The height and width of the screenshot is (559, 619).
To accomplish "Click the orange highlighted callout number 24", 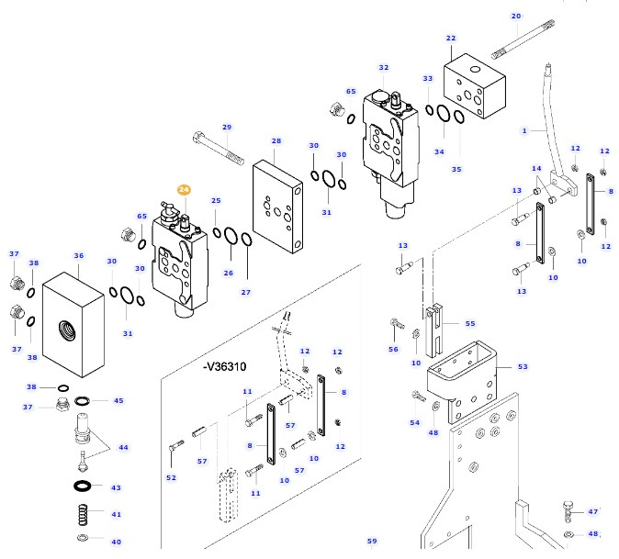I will (184, 189).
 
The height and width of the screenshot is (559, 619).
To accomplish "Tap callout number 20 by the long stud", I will (515, 16).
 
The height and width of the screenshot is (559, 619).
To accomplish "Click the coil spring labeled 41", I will (84, 515).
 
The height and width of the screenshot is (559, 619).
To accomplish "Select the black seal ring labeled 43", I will (82, 486).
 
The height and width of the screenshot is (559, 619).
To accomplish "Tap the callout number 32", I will (383, 67).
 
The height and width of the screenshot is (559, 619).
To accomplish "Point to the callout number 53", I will (523, 367).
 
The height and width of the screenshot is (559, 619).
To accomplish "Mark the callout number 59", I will (372, 541).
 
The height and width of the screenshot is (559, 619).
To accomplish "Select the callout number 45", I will (117, 400).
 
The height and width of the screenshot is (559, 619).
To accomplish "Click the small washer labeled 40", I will (83, 538).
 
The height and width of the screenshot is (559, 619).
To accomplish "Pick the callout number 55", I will (470, 323).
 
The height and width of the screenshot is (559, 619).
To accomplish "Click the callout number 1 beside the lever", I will (524, 130).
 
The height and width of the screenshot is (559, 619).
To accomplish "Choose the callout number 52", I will (171, 477).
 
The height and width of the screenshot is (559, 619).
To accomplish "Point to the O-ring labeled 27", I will (246, 267).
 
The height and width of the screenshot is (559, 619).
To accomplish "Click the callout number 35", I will (456, 169).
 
